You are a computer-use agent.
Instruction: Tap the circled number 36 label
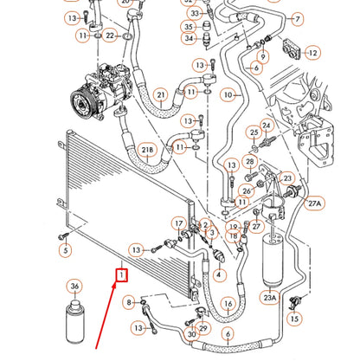click(74, 287)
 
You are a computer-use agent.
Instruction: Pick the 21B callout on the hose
click(147, 151)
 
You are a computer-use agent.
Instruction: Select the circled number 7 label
click(298, 17)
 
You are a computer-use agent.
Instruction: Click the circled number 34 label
click(189, 37)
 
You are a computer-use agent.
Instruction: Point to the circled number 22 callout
click(110, 35)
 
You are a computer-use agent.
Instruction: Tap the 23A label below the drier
click(269, 297)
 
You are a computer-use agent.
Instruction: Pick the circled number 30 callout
click(192, 333)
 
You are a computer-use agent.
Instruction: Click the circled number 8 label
click(129, 301)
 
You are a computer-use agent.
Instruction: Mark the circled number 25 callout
click(254, 132)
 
